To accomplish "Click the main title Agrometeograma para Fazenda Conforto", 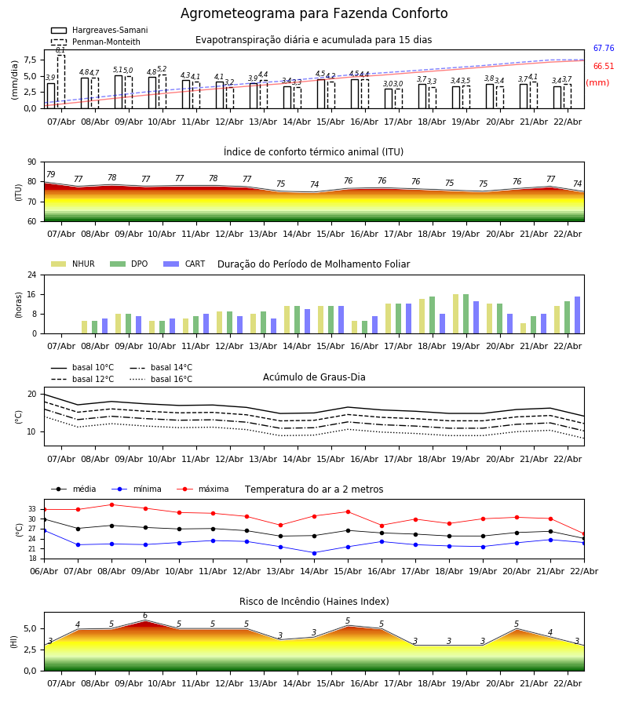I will (x=314, y=14).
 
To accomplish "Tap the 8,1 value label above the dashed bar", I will (x=60, y=50).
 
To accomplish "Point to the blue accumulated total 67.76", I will (x=603, y=49).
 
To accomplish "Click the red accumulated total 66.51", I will (x=603, y=67).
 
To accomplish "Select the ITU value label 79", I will (x=50, y=175).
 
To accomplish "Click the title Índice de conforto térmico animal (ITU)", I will (x=313, y=152).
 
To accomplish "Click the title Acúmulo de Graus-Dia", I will (x=314, y=377).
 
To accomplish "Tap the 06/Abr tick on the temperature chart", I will (x=44, y=571).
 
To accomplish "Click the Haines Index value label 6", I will (x=144, y=616).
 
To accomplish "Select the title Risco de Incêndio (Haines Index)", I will (x=314, y=602).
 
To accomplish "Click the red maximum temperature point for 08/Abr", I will (x=111, y=505).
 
